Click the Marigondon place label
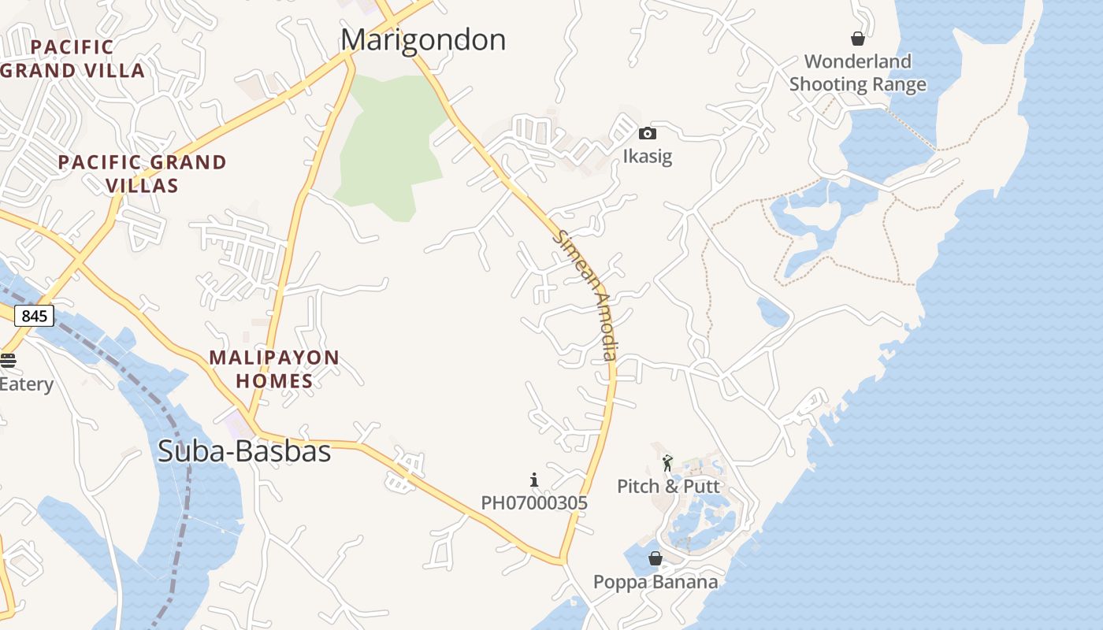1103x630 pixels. pos(423,39)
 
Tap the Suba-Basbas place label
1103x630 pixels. pos(244,451)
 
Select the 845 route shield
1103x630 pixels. pos(34,317)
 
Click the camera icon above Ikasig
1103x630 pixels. pos(648,134)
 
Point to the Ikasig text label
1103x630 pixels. pos(648,156)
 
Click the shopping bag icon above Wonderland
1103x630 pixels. pos(858,39)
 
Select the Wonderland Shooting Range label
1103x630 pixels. pos(857,72)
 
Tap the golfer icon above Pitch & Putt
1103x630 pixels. pos(668,463)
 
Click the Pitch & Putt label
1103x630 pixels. pos(668,486)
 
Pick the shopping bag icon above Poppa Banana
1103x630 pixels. pos(655,559)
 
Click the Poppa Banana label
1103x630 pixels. pos(655,582)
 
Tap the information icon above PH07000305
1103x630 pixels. pos(534,480)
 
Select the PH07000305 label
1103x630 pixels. pos(534,502)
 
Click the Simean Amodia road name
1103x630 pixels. pos(585,295)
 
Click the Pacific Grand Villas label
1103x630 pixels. pos(143,174)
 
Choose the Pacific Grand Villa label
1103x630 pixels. pos(73,59)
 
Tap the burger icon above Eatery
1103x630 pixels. pos(8,361)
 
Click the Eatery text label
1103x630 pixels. pos(27,384)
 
